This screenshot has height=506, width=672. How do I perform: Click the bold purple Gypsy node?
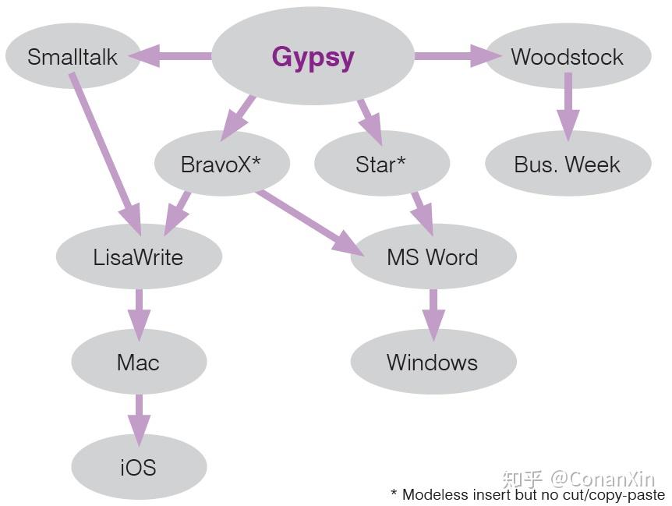(313, 56)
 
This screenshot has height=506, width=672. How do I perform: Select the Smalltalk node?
(73, 56)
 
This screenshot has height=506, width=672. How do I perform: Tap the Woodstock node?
(568, 56)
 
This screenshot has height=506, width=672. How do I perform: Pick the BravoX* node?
(222, 164)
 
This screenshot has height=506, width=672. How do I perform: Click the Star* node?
(382, 164)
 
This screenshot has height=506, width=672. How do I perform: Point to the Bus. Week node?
(568, 164)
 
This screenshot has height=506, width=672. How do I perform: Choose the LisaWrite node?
(139, 257)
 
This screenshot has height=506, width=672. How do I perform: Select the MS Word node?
(433, 257)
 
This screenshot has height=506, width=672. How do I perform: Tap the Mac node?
(139, 362)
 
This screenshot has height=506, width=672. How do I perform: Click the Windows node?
(433, 362)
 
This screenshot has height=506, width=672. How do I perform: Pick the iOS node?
(139, 466)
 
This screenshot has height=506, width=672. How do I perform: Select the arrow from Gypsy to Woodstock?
(458, 56)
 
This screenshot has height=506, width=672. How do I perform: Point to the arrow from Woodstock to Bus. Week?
(568, 107)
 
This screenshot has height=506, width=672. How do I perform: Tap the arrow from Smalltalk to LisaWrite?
(106, 154)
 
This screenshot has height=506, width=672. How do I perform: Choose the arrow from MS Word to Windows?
(433, 315)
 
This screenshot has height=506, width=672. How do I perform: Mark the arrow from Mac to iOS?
(139, 420)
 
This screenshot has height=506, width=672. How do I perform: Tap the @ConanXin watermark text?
(603, 479)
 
